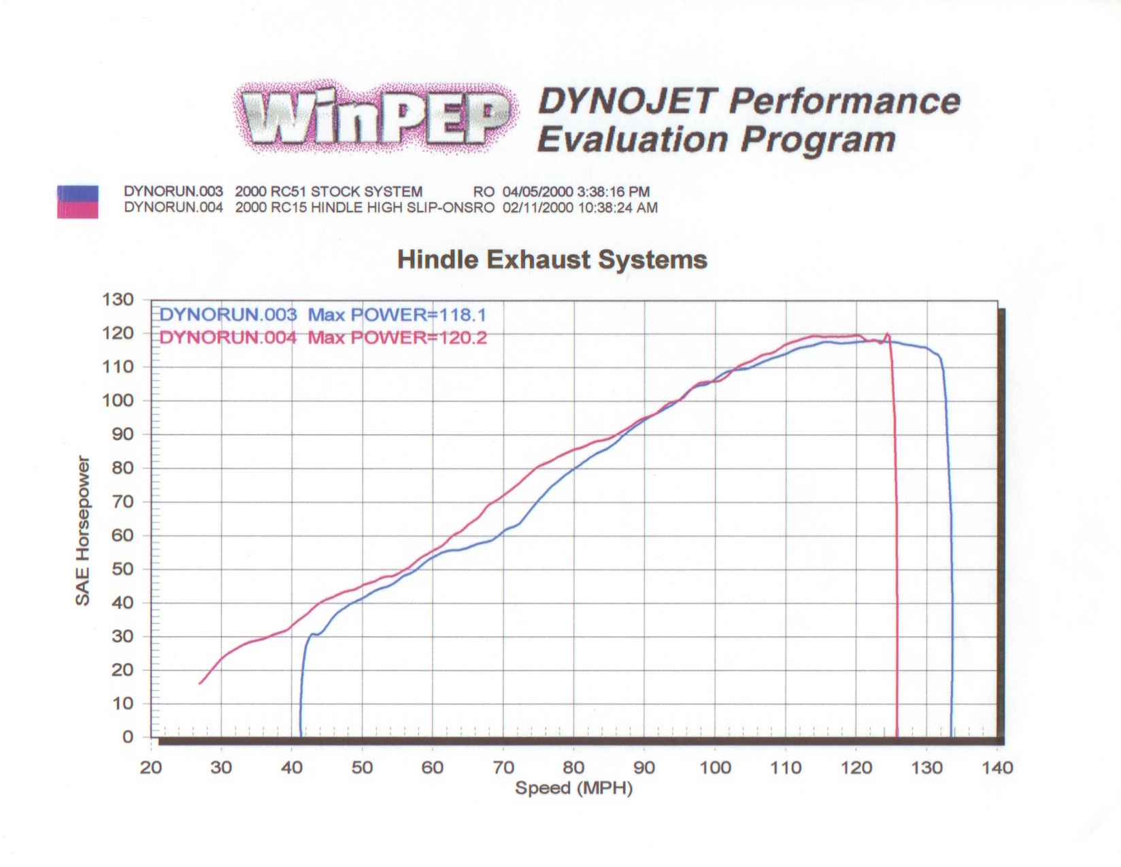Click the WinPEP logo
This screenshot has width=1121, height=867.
[373, 116]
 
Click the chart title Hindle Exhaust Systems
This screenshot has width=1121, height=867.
[552, 260]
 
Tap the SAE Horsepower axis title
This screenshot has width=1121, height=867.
[82, 530]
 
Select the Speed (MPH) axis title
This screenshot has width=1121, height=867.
[573, 788]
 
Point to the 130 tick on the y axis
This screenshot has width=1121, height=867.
[118, 299]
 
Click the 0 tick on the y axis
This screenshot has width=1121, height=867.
[127, 737]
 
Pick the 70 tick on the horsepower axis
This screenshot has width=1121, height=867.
[122, 502]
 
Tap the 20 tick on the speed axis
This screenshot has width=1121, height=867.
[151, 768]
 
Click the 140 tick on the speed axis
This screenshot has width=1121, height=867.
[997, 768]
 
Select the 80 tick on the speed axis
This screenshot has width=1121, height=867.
[573, 768]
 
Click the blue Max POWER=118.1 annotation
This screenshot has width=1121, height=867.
[397, 315]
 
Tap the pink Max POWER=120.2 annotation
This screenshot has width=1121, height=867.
[397, 337]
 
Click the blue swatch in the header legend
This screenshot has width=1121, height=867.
[78, 193]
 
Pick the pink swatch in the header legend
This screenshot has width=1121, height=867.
[78, 210]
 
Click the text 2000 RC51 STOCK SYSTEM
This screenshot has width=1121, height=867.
[329, 192]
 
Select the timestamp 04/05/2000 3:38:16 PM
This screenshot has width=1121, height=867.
[576, 192]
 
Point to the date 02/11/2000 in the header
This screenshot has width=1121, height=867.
[537, 207]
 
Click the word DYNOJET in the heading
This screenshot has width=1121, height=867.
[627, 101]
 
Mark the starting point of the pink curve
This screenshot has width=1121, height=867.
[200, 683]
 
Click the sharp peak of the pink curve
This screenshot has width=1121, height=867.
[887, 333]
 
